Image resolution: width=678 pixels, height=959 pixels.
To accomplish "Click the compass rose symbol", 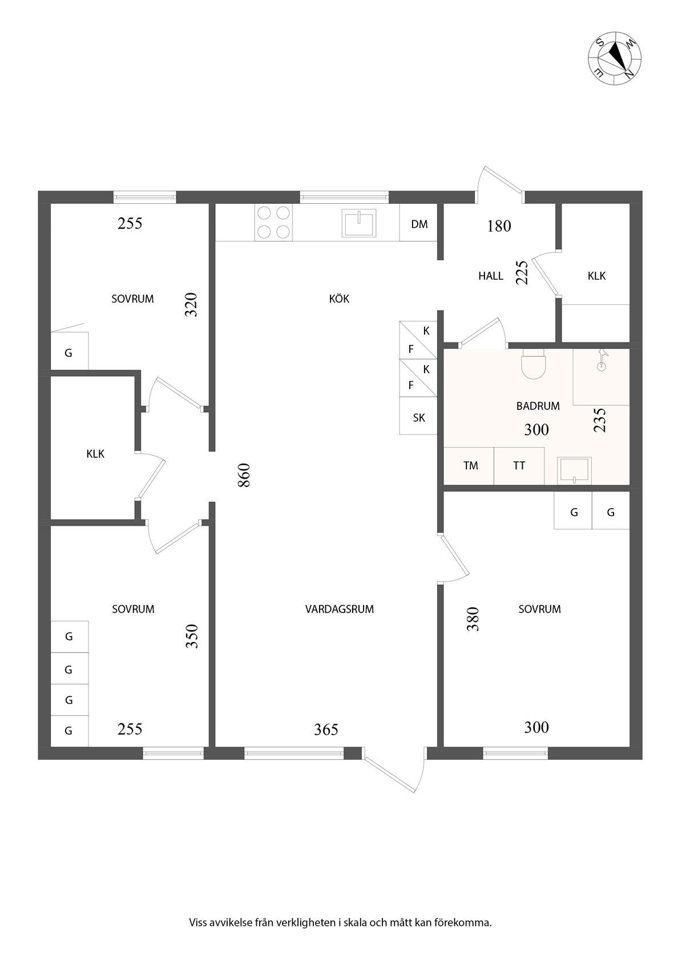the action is click(x=614, y=58).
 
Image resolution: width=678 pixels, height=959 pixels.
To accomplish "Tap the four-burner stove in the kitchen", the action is click(x=273, y=222).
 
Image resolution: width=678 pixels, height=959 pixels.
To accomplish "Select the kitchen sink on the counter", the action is click(x=358, y=223).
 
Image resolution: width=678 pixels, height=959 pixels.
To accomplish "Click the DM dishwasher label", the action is click(x=419, y=224).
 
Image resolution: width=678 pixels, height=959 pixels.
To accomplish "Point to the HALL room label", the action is click(x=491, y=276).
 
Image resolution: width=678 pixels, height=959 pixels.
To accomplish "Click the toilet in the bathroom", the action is click(x=533, y=364).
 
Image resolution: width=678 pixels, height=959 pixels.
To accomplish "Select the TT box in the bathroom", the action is click(x=519, y=466).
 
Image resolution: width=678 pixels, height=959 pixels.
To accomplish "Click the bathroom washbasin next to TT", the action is click(x=574, y=470).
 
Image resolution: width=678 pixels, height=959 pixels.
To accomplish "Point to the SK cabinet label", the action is click(x=419, y=418).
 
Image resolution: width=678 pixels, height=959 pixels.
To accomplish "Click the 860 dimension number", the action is click(x=244, y=475).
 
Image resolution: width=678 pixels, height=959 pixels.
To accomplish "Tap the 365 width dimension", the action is click(x=326, y=730).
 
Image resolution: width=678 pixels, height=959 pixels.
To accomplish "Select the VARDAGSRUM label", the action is click(x=340, y=609).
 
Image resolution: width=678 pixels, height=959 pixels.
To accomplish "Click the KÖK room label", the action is click(x=339, y=299).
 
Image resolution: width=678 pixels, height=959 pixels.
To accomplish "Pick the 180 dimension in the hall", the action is click(x=499, y=226).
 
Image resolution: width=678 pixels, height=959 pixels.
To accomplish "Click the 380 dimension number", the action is click(x=473, y=619).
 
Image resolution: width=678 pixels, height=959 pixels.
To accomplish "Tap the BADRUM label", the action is click(x=538, y=406).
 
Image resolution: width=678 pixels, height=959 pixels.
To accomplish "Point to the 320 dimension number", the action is click(x=191, y=304).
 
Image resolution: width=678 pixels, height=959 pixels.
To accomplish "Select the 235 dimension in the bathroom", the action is click(x=600, y=420).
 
